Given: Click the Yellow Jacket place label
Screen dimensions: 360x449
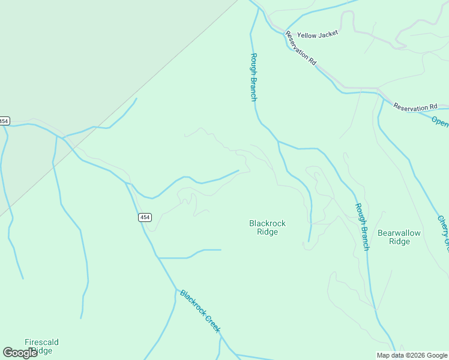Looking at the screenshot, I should point(318,34).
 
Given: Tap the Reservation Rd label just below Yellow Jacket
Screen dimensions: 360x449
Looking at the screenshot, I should point(301,48).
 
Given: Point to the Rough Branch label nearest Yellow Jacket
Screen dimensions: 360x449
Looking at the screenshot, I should point(254,77).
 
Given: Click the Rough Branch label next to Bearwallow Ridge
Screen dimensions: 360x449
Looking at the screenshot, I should point(361,227).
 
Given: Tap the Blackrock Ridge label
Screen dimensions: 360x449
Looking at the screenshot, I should point(267,227).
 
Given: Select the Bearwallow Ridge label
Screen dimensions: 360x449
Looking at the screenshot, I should point(399,237).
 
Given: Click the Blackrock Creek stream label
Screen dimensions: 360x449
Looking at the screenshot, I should point(200,311).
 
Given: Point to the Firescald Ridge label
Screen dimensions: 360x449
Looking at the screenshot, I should point(41,346).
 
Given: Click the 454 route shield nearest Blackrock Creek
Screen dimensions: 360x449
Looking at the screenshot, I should point(145,217).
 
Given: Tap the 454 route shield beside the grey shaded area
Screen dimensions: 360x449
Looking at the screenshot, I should point(4,121).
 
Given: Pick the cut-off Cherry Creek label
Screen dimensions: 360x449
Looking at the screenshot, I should point(443,233).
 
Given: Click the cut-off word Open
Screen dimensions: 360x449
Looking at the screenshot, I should point(440,121).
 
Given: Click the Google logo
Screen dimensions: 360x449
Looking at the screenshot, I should point(20,353).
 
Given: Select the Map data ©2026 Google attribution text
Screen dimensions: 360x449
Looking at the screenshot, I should point(412,355).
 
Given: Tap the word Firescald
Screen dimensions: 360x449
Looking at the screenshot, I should point(41,342).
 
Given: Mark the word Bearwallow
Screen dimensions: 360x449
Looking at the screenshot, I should point(399,233).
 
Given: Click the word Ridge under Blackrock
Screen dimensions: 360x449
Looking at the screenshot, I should point(267,232).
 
